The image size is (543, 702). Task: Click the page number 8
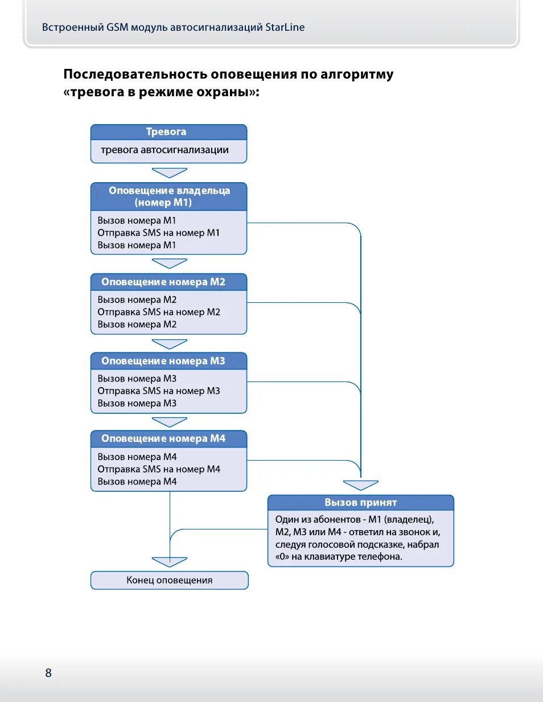[x=48, y=673]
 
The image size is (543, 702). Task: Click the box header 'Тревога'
[x=166, y=132]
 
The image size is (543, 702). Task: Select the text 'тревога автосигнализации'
[x=164, y=150]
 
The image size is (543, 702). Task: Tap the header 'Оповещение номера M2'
[x=163, y=282]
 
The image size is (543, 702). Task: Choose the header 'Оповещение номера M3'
[x=163, y=361]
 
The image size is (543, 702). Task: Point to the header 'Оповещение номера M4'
[x=163, y=439]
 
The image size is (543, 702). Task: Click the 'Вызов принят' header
[x=360, y=503]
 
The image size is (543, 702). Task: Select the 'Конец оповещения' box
[x=170, y=580]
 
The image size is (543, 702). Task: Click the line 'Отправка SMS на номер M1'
[x=158, y=233]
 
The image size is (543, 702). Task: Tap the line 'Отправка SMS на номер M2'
[x=158, y=312]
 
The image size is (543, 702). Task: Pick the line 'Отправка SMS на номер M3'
[x=158, y=391]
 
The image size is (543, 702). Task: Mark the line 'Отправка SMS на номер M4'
[x=158, y=469]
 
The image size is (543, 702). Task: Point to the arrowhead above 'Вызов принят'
[x=361, y=485]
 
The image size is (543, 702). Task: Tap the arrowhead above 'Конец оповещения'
[x=170, y=562]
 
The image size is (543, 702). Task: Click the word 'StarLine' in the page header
[x=285, y=27]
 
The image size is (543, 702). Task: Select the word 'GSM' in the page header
[x=117, y=27]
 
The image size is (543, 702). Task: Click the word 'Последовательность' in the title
[x=135, y=75]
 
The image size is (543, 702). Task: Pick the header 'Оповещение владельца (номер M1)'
[x=169, y=196]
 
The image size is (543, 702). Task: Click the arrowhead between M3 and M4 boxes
[x=170, y=422]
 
